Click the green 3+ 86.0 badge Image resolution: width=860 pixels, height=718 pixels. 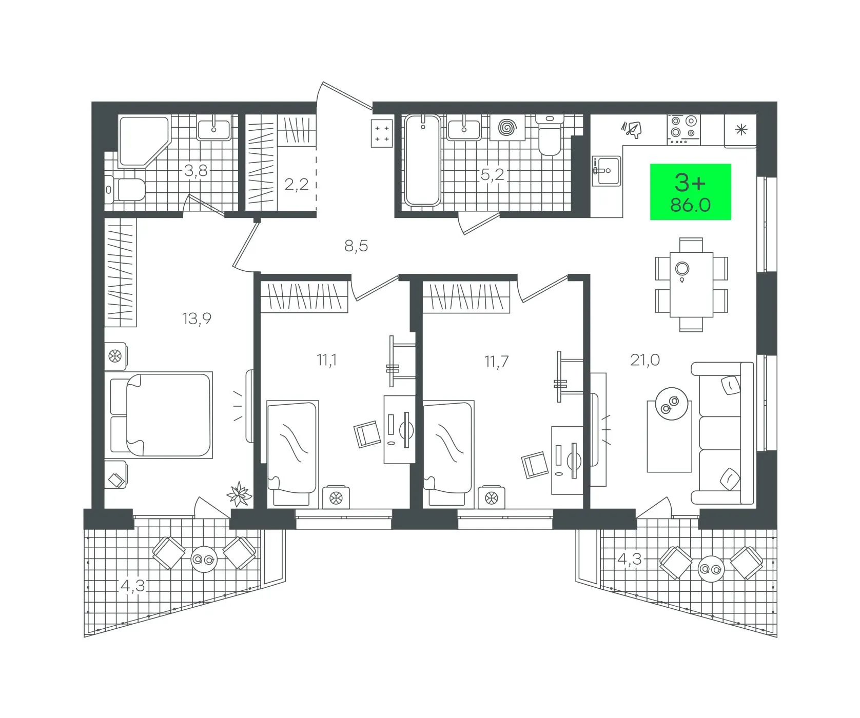click(690, 192)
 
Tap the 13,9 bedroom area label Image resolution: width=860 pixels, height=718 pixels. click(197, 319)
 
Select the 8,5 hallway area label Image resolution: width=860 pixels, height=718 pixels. click(356, 246)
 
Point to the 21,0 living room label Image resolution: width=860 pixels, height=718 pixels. click(645, 360)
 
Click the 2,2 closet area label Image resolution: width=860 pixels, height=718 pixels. click(297, 184)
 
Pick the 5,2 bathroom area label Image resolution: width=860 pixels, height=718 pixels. click(492, 175)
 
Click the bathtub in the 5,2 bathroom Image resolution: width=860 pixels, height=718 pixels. click(422, 160)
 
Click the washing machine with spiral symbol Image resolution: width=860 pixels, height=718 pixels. click(508, 127)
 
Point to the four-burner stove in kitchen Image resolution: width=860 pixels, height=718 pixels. click(683, 128)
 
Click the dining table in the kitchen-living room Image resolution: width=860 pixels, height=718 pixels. click(691, 284)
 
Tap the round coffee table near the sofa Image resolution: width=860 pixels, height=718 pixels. click(669, 403)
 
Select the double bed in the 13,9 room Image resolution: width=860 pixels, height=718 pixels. click(161, 414)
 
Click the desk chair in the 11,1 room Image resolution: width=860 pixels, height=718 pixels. click(367, 434)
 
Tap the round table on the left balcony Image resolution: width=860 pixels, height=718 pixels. click(204, 560)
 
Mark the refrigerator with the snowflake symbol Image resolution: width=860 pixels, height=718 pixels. click(740, 130)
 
